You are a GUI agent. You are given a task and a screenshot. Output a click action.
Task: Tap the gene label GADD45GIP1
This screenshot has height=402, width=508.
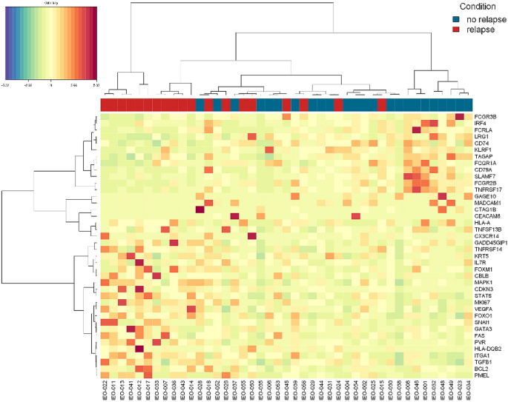tap(489, 242)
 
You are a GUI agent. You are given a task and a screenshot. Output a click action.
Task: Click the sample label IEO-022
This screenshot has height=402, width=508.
tap(105, 388)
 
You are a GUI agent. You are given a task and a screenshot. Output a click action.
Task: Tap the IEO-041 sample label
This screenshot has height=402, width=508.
tap(131, 388)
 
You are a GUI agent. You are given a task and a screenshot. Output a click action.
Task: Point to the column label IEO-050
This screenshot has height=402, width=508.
tap(253, 388)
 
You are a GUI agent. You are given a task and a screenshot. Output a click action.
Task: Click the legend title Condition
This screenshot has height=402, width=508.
tap(478, 7)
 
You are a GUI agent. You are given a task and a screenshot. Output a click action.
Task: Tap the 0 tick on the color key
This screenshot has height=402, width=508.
tap(50, 85)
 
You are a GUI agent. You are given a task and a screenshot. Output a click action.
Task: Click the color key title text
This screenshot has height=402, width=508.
tap(50, 3)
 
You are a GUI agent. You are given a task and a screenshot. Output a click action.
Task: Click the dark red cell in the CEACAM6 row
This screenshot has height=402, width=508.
tap(235, 216)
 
